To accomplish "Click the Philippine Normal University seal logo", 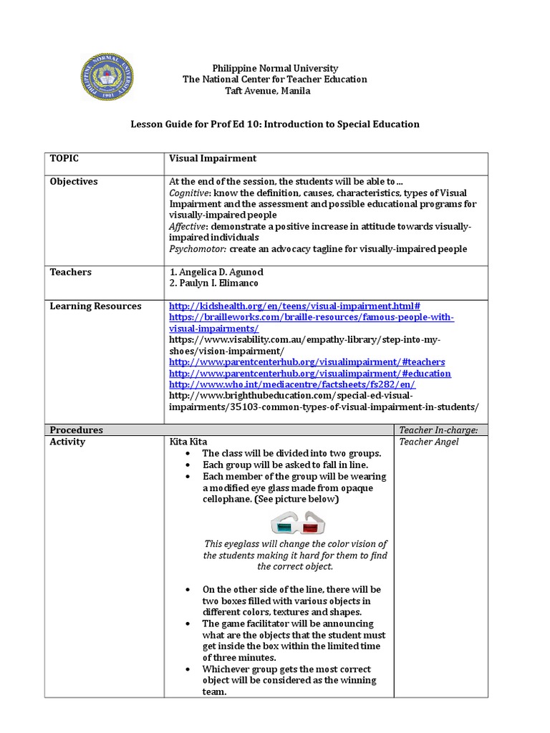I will click(107, 77).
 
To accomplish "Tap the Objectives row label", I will click(74, 181).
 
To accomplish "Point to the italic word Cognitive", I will click(189, 193).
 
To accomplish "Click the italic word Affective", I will click(188, 226).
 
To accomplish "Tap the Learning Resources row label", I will click(95, 306).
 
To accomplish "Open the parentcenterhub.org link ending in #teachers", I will click(307, 362).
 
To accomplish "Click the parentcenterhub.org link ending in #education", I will click(310, 374).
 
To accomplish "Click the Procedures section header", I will click(76, 430).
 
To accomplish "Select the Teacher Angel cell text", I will click(429, 442).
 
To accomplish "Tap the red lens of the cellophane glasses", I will click(310, 527).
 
